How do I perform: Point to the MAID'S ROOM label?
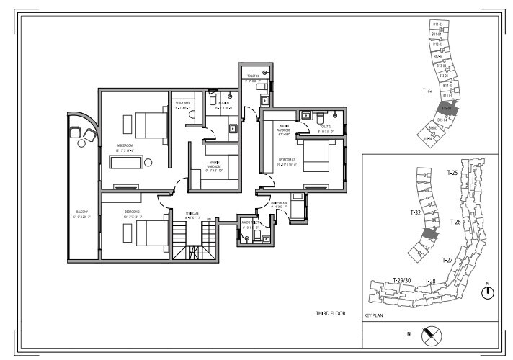click(x=280, y=203)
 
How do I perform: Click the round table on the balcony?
click(x=76, y=131)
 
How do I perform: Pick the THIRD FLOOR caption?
click(x=330, y=314)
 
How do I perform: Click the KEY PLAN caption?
click(x=375, y=315)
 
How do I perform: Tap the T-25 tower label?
click(x=453, y=173)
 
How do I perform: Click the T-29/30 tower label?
click(x=402, y=280)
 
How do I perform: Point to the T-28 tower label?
click(x=430, y=280)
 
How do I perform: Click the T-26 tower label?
click(x=455, y=222)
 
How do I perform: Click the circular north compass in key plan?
click(x=487, y=292)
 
